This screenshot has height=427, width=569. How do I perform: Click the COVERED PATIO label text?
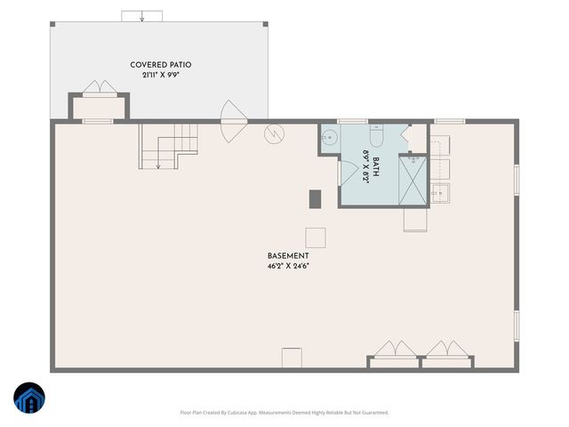coord(161,65)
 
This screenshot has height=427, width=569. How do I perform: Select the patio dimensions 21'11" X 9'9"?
coord(161,76)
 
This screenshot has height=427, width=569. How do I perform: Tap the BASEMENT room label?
coord(288,255)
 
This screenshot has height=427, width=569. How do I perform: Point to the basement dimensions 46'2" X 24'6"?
coord(288,265)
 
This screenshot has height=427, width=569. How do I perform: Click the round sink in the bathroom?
coord(328,137)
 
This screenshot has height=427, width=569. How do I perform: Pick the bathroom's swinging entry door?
coord(346,173)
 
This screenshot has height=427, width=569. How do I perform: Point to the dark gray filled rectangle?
coord(315,199)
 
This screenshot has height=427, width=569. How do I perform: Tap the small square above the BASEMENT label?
coord(316,238)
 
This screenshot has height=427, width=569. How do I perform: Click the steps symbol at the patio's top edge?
coord(141,16)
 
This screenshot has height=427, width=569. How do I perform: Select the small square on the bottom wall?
coord(293,358)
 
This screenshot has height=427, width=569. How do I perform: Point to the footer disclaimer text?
coord(284,413)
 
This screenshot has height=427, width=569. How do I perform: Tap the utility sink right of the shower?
coord(439,190)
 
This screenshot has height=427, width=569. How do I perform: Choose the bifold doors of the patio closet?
coord(99,87)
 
